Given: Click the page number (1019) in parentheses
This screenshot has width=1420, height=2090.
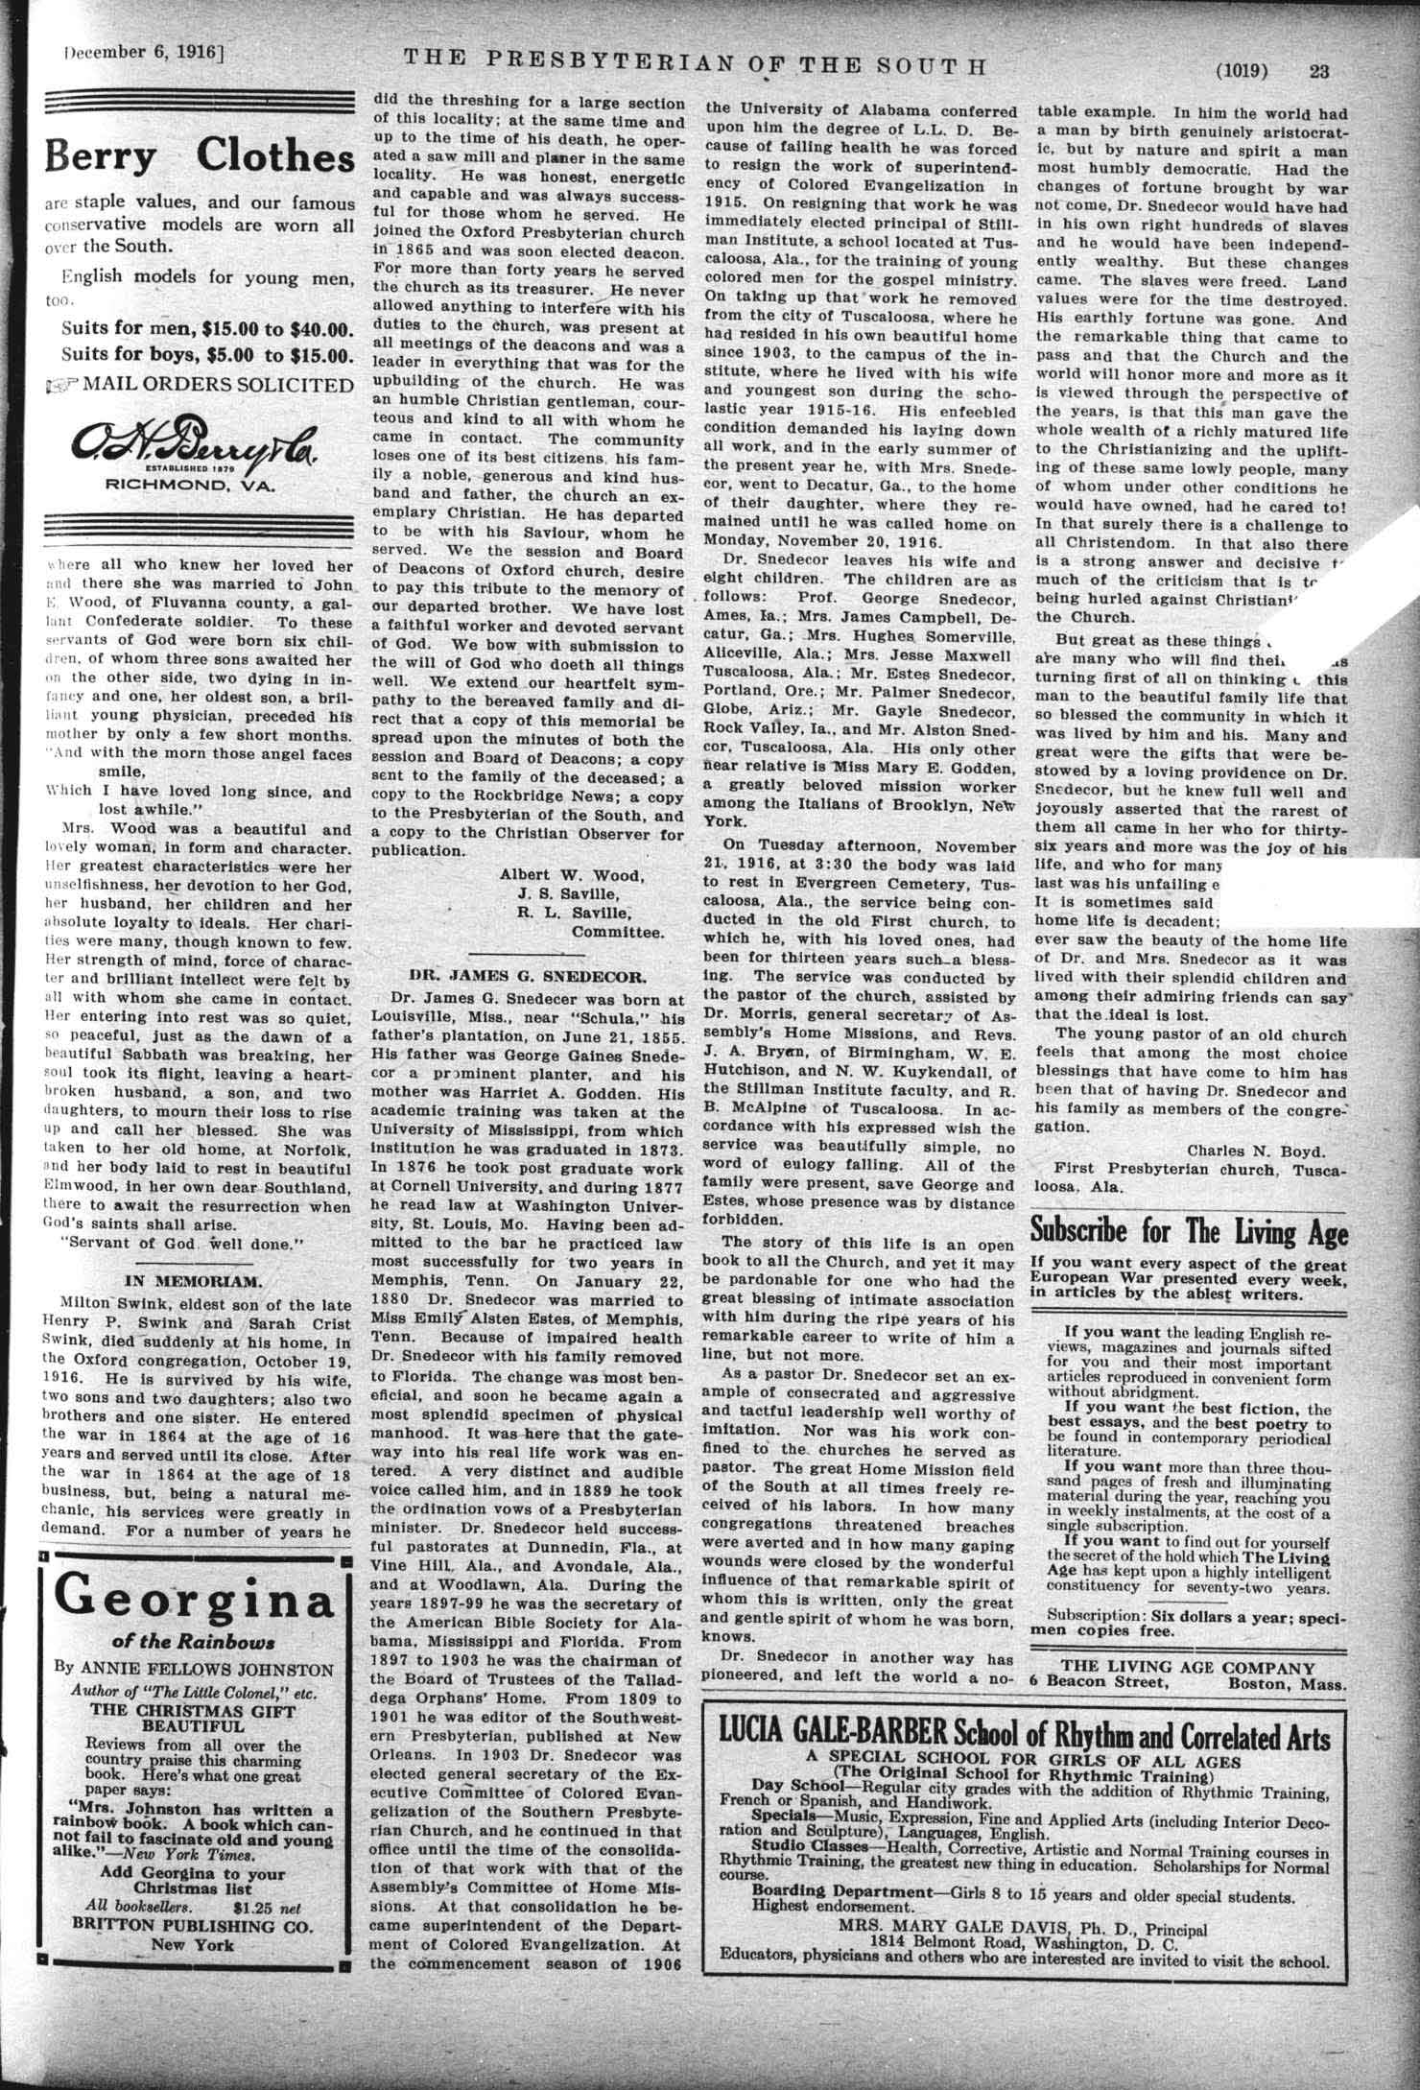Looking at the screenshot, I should coord(1242,70).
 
